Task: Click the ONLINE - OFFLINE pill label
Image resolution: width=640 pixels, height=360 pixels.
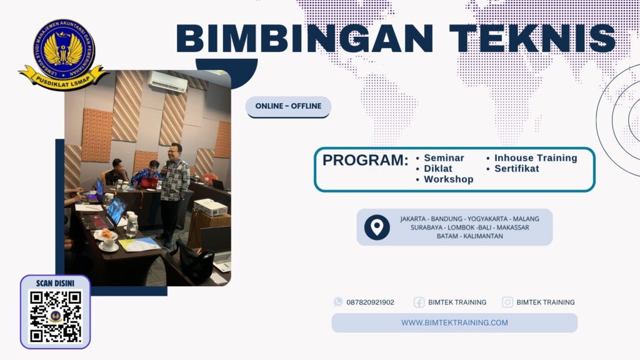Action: coord(288,106)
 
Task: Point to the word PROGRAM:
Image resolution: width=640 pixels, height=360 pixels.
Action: coord(365,160)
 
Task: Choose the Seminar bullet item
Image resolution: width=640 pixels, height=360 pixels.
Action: coord(444,158)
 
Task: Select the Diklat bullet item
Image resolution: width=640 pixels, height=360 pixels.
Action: coord(437,169)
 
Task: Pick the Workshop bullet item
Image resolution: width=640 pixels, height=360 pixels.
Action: coord(448,179)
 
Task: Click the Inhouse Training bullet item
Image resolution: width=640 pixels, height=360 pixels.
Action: coord(536,158)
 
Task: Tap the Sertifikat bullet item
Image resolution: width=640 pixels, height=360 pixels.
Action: coord(516,169)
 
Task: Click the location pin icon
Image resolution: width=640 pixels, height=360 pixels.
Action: coord(377,227)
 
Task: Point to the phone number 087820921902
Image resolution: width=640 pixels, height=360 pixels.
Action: coord(370,302)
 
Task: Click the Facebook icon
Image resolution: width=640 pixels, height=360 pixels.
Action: coord(419,302)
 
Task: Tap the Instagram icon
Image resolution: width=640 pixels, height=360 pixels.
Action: coord(507,302)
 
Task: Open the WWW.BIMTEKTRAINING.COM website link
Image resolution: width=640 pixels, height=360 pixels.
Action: coord(454,323)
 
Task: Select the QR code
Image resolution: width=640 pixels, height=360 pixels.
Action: coord(56,316)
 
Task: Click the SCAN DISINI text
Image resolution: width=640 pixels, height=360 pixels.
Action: coord(56,283)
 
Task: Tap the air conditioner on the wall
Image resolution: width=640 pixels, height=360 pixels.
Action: coord(167,82)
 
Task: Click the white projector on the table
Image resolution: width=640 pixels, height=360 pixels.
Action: coord(211,207)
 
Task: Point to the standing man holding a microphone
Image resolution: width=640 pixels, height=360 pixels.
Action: coord(173,187)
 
